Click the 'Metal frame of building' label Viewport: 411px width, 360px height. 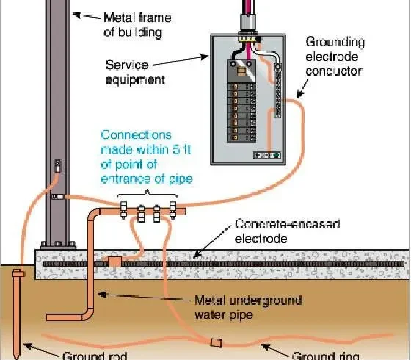tap(137, 25)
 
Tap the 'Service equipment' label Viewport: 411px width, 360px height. tap(135, 72)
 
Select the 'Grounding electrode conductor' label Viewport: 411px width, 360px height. tap(335, 57)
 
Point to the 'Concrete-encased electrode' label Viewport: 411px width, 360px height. tap(287, 231)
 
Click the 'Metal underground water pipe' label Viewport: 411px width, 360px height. tap(248, 307)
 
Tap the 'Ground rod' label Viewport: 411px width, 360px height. tap(95, 356)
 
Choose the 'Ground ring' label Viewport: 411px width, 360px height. tap(325, 356)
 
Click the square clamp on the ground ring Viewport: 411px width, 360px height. tap(217, 342)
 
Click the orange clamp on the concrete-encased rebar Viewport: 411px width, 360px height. tap(114, 262)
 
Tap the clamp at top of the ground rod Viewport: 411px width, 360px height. tap(18, 273)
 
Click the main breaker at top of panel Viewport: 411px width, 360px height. tap(241, 71)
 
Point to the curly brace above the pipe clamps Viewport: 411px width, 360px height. tap(148, 193)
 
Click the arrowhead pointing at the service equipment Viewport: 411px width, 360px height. tap(205, 57)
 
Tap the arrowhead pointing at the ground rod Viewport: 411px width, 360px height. tap(28, 346)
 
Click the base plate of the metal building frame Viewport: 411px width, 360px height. tap(58, 245)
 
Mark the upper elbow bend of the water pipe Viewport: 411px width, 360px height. tap(94, 214)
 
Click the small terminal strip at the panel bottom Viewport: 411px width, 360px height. tap(267, 155)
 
